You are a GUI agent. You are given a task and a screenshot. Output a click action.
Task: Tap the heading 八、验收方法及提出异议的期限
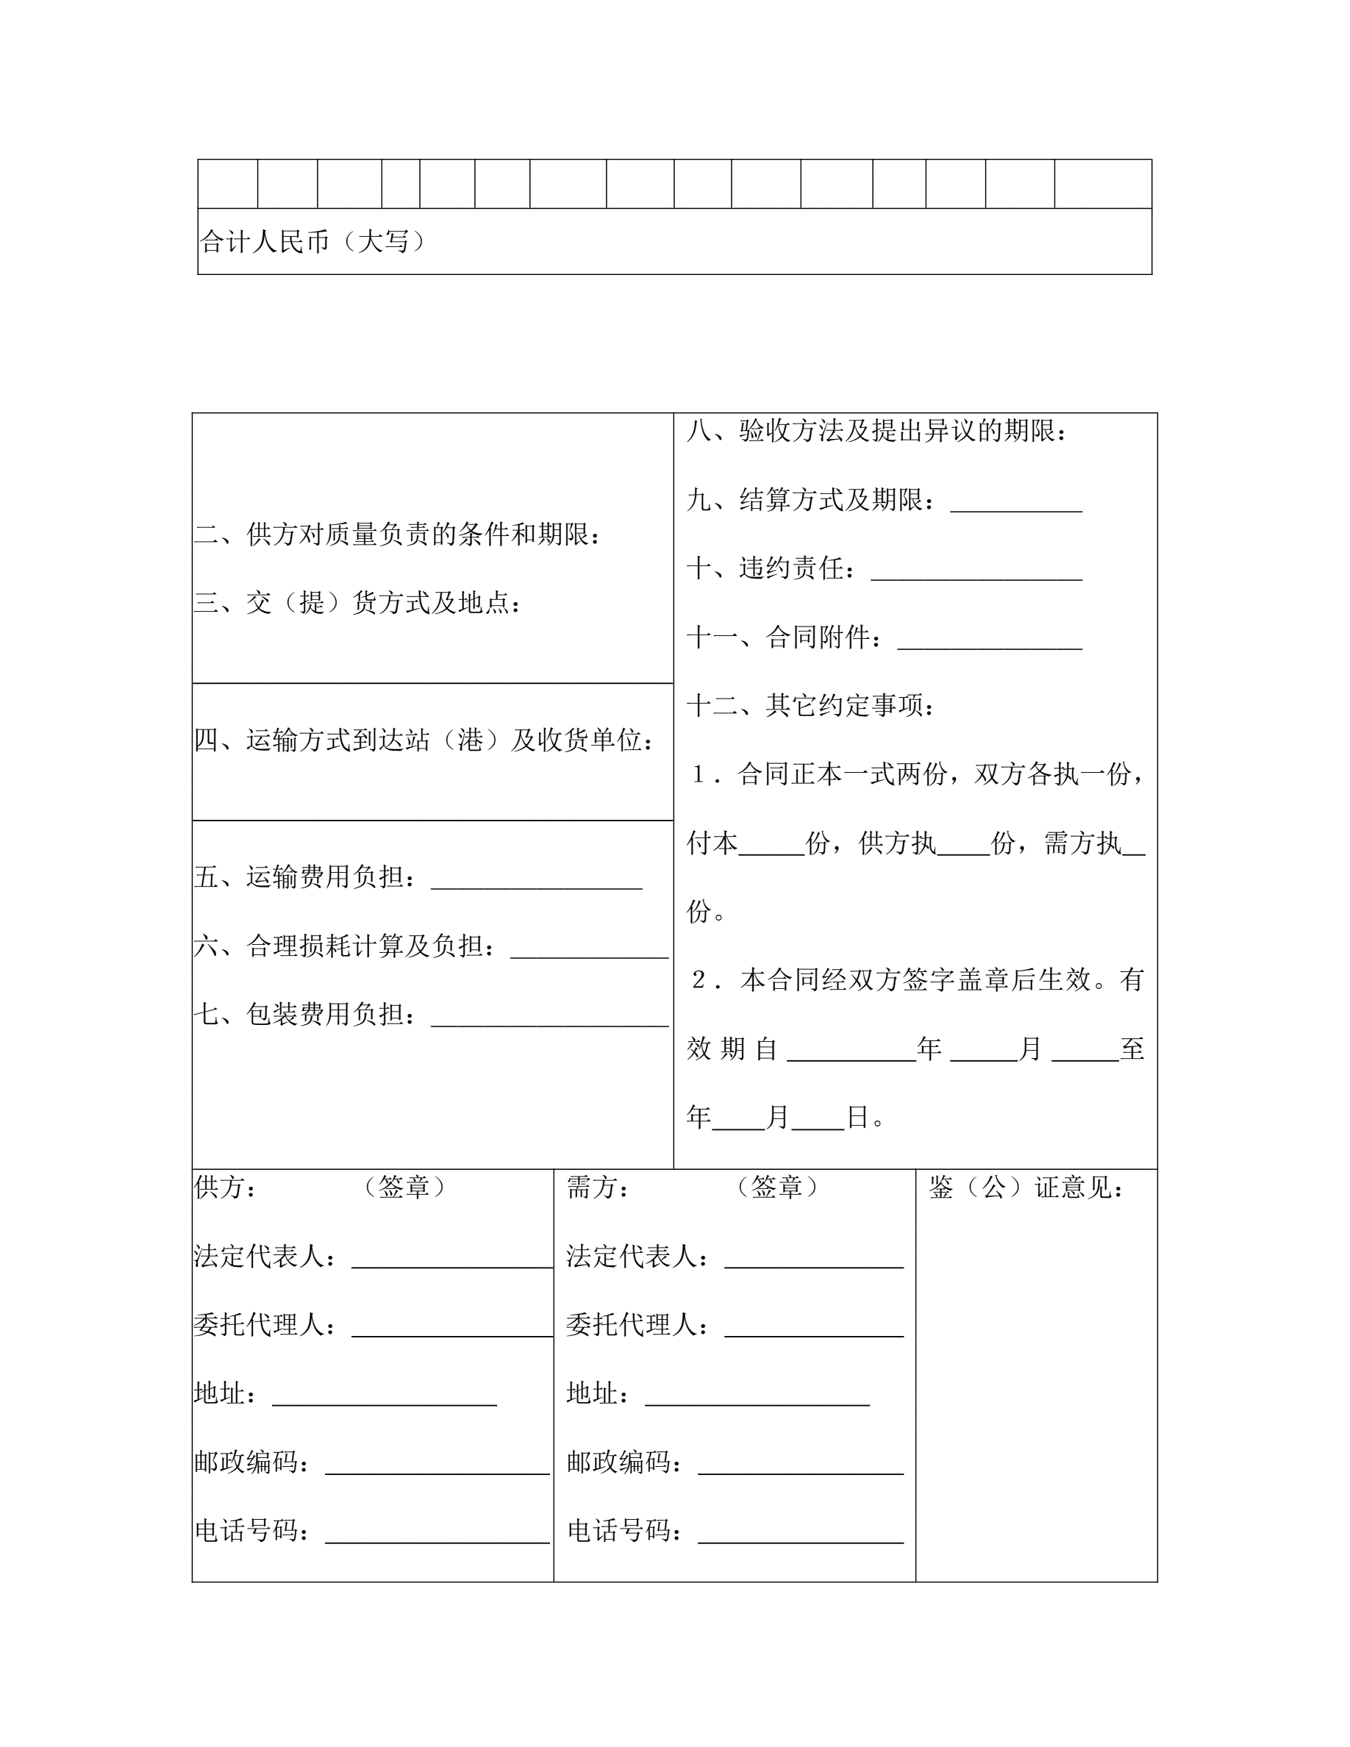point(876,431)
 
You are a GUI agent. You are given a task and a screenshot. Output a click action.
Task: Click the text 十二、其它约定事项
point(810,706)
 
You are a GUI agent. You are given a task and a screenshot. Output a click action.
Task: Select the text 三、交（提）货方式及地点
point(357,602)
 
